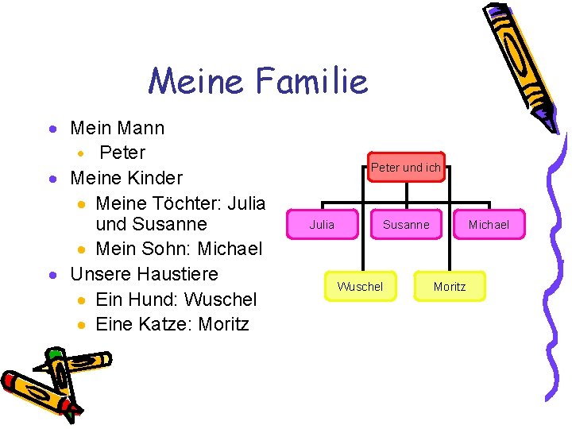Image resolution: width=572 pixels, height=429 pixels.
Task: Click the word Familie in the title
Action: click(x=313, y=81)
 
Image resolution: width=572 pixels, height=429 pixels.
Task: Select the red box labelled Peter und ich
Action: click(x=405, y=168)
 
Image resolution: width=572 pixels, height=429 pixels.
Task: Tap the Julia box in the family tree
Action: click(x=322, y=225)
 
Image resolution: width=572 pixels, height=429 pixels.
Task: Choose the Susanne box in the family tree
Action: click(x=405, y=225)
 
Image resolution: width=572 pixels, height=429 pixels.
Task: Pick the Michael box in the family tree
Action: click(x=489, y=225)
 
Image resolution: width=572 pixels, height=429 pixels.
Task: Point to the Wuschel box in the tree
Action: click(x=360, y=286)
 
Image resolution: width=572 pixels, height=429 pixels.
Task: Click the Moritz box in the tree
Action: click(x=450, y=286)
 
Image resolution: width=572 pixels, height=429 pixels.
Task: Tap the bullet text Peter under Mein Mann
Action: click(x=122, y=152)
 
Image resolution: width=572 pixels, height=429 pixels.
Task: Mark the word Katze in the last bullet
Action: click(x=165, y=324)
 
